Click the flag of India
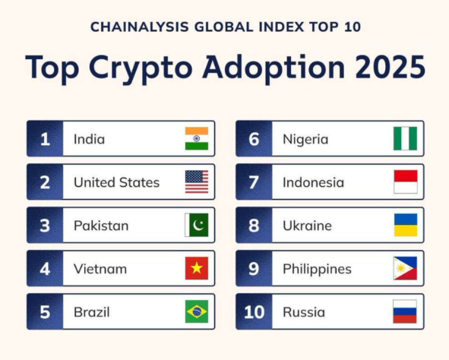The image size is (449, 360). (x=197, y=139)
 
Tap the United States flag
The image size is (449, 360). (x=197, y=182)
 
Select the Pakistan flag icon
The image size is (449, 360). (x=197, y=226)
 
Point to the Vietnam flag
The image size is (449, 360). (x=197, y=269)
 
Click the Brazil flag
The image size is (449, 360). (x=197, y=311)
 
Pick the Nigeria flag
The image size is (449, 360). (x=405, y=139)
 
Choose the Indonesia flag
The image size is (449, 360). (x=405, y=182)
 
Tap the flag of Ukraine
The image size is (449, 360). (x=405, y=226)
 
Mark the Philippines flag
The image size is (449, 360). (x=405, y=269)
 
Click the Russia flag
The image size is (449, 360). (x=405, y=311)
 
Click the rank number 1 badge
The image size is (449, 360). (x=45, y=139)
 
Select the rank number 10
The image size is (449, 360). (x=254, y=312)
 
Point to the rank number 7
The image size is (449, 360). (x=254, y=182)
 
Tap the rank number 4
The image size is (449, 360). (x=45, y=269)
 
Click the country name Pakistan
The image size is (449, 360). (x=101, y=226)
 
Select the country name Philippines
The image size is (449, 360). (x=317, y=269)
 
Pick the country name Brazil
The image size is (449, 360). (x=93, y=312)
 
